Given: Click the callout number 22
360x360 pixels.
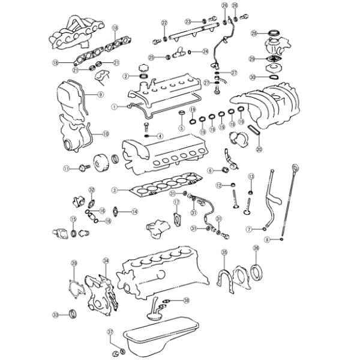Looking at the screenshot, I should pos(164,23).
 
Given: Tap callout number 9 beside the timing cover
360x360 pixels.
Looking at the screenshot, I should pos(101,94).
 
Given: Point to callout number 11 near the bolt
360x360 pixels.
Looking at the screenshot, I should pos(67,168).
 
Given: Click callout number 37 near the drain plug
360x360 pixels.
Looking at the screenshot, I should pos(110,332).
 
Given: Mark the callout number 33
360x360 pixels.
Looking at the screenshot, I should pos(56,314).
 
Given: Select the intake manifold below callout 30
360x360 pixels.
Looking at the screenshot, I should pos(270,105).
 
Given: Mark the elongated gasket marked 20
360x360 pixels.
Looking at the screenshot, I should pos(254,130).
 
